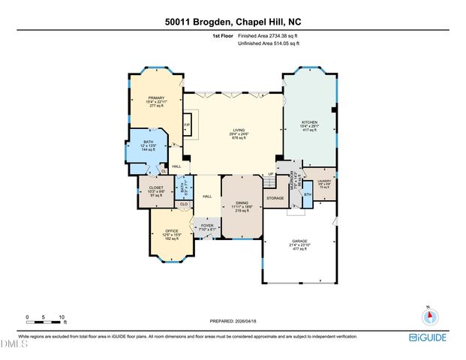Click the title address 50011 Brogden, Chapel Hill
coord(233,22)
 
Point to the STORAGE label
coord(275,198)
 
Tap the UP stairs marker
coord(270,175)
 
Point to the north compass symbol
coord(428,314)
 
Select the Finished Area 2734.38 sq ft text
coord(268,36)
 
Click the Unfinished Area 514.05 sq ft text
coord(268,43)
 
